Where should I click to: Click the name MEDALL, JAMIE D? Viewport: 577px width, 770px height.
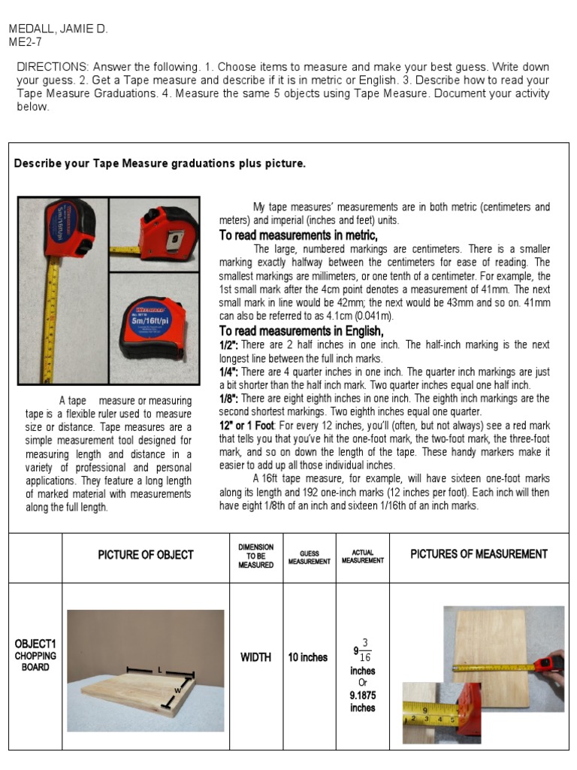pyautogui.click(x=58, y=29)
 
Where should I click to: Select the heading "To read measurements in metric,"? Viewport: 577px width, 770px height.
pyautogui.click(x=298, y=235)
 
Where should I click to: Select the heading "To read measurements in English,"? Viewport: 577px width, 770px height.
pyautogui.click(x=301, y=331)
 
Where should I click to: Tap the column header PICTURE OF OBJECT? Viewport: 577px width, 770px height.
pyautogui.click(x=146, y=555)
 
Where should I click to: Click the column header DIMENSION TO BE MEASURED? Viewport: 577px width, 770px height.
pyautogui.click(x=255, y=556)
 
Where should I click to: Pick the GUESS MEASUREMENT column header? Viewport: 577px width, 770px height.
pyautogui.click(x=309, y=557)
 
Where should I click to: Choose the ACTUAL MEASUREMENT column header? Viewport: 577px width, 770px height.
pyautogui.click(x=362, y=556)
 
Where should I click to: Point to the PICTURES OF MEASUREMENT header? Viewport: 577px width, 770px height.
pyautogui.click(x=479, y=554)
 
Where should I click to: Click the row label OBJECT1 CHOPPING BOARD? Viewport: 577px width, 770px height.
pyautogui.click(x=35, y=655)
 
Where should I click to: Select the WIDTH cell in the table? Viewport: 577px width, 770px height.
pyautogui.click(x=255, y=657)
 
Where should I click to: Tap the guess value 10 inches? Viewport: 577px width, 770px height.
pyautogui.click(x=308, y=657)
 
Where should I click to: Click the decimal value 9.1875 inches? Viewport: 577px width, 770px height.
pyautogui.click(x=362, y=702)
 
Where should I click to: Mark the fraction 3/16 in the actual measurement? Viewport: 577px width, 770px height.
pyautogui.click(x=365, y=650)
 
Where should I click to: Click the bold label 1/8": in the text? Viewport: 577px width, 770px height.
pyautogui.click(x=229, y=399)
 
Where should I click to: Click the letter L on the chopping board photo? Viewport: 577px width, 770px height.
pyautogui.click(x=160, y=668)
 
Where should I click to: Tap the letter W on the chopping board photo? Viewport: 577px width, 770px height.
pyautogui.click(x=178, y=690)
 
